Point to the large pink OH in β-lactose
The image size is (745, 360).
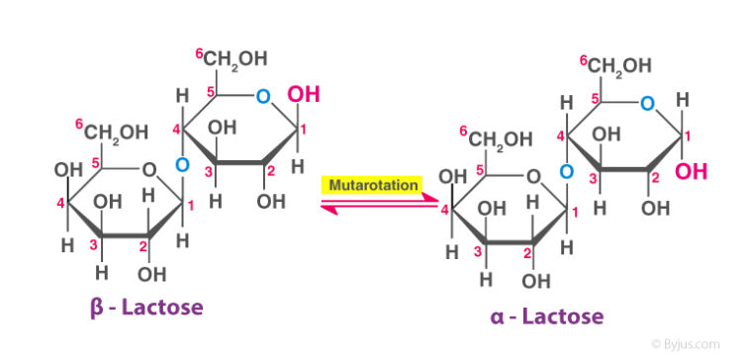302,97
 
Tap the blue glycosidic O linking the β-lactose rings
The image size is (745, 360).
181,164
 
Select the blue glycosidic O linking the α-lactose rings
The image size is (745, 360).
565,173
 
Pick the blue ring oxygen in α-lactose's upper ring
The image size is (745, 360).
646,103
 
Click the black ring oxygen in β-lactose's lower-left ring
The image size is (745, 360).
148,167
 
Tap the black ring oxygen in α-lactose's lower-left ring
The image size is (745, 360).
534,177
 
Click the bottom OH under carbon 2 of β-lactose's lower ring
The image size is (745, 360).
152,273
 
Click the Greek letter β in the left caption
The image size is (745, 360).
97,308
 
